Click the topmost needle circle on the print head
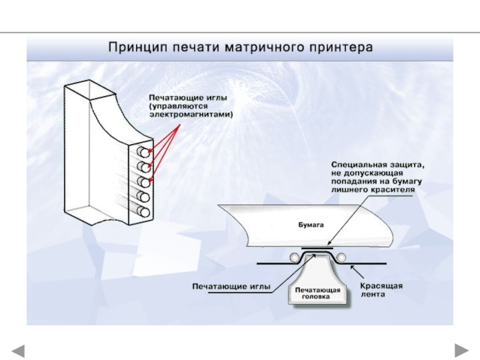(144, 152)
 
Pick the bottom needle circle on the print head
(144, 211)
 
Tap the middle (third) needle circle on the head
(144, 181)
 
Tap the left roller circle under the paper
(293, 257)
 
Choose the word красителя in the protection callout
(394, 188)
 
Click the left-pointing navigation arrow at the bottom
(18, 349)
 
